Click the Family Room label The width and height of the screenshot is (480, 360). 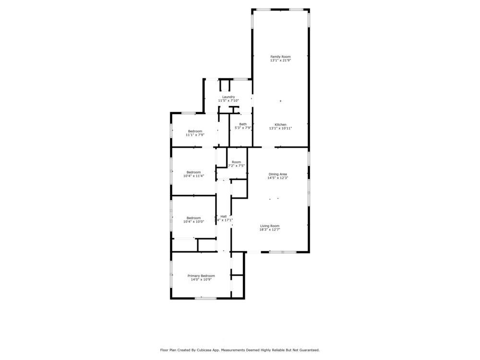280,57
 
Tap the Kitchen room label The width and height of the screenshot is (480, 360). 280,124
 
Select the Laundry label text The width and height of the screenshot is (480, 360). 228,96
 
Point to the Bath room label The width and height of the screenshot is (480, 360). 243,124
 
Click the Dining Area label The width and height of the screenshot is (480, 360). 277,174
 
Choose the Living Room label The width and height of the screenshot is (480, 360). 270,226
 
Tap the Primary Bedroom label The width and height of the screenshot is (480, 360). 201,276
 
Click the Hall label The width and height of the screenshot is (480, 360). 224,216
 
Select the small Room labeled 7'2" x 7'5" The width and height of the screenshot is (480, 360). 236,162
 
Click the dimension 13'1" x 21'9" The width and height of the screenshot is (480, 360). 280,61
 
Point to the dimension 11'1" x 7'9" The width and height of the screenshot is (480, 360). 195,135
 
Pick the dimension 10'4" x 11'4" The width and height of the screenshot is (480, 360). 193,176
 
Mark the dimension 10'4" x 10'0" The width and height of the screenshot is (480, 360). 193,222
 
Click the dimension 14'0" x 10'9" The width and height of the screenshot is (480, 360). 201,279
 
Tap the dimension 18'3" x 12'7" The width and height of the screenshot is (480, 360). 270,230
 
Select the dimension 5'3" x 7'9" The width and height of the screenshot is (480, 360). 243,128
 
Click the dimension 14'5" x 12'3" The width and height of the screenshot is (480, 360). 277,178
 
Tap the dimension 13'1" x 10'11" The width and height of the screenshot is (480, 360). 280,128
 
